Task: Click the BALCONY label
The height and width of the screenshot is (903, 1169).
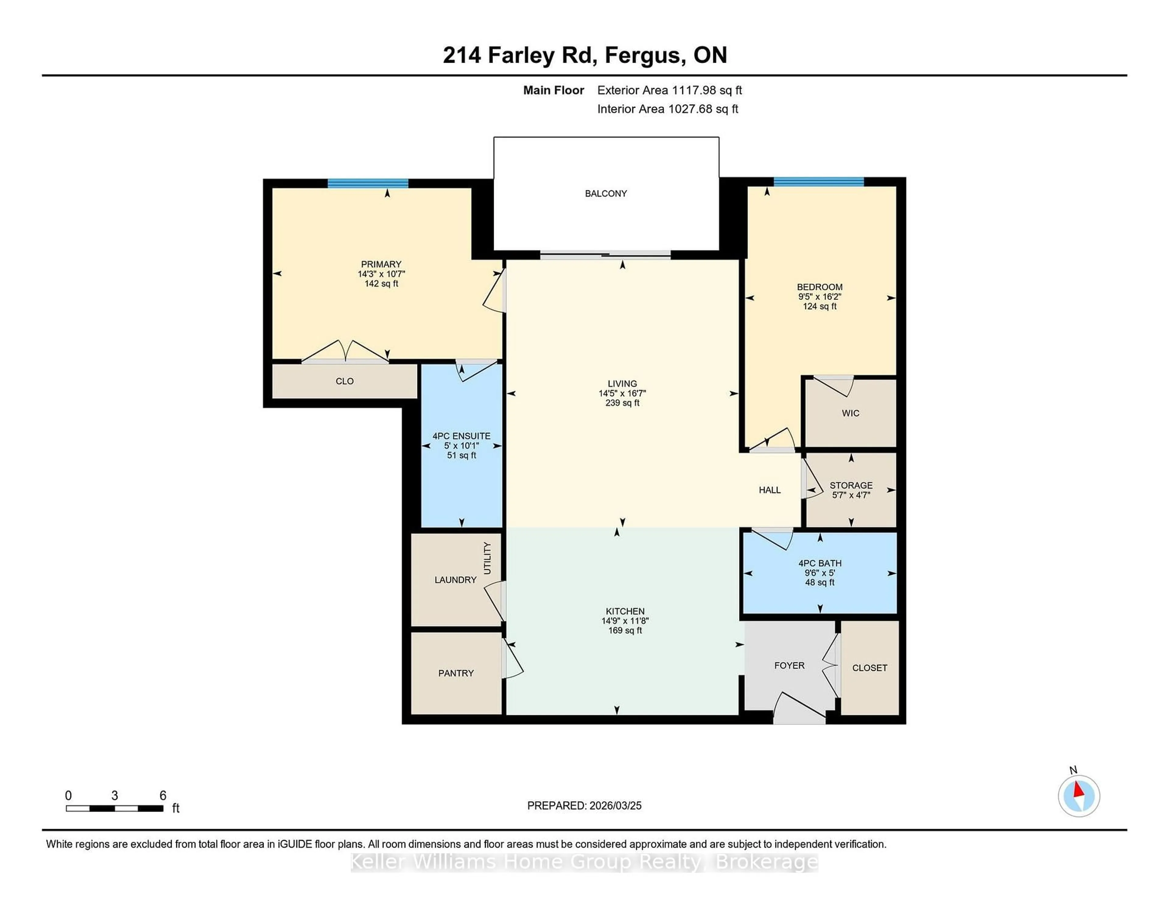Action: [x=606, y=194]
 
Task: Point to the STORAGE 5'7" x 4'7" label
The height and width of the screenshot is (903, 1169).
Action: [x=851, y=490]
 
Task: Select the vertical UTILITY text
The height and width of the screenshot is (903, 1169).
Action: [x=487, y=558]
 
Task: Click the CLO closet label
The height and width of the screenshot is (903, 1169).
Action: [x=344, y=381]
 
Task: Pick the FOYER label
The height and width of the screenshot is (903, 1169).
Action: [x=789, y=665]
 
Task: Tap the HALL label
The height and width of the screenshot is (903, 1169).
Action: [x=769, y=490]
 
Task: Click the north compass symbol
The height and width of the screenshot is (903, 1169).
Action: [x=1079, y=796]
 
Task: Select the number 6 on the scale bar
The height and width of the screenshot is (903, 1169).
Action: [x=163, y=796]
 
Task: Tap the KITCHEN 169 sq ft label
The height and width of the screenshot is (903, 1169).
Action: [x=625, y=620]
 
